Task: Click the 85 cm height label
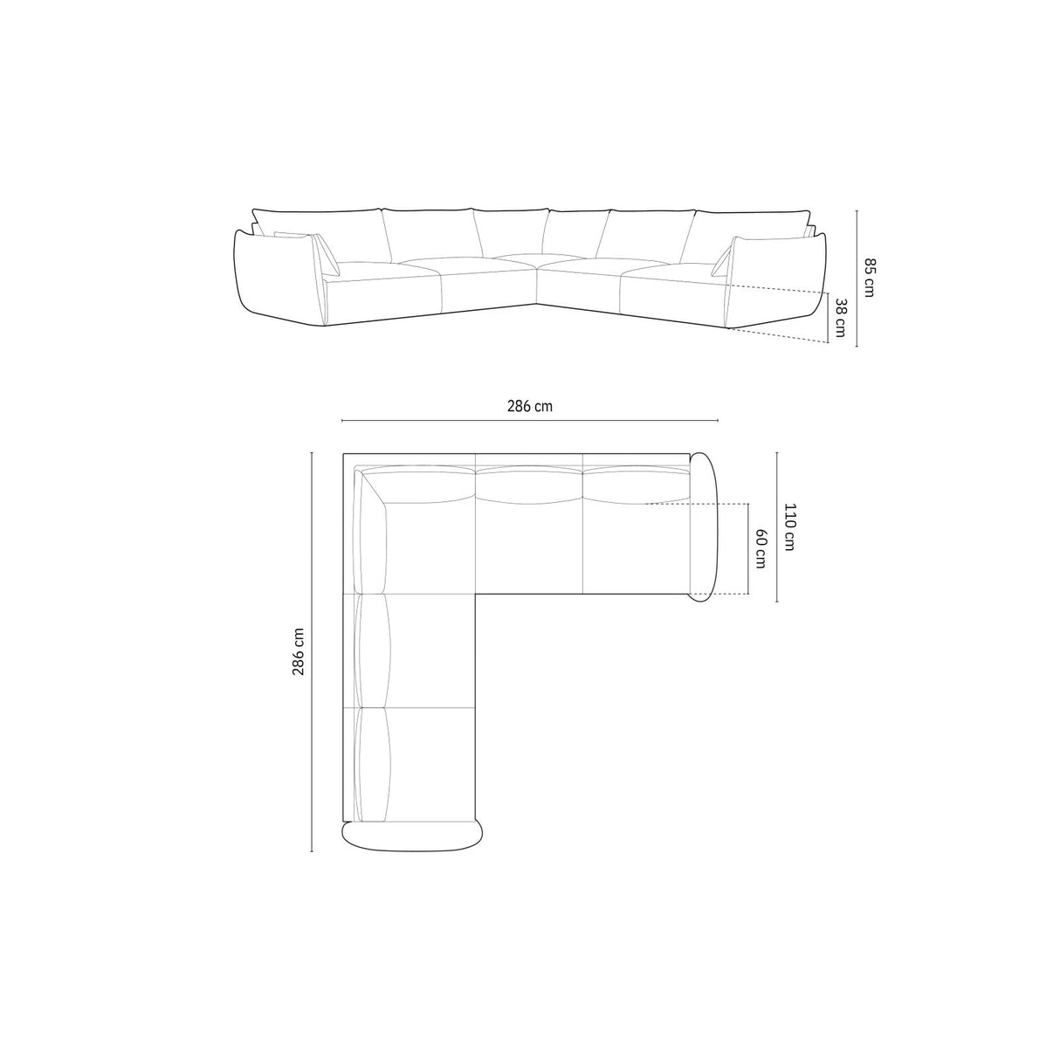pyautogui.click(x=868, y=277)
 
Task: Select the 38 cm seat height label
pyautogui.click(x=840, y=319)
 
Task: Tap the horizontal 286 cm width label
pyautogui.click(x=530, y=405)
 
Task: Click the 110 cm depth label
pyautogui.click(x=789, y=527)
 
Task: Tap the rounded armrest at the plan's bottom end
pyautogui.click(x=411, y=835)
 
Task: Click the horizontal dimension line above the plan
pyautogui.click(x=530, y=421)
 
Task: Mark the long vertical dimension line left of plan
pyautogui.click(x=312, y=651)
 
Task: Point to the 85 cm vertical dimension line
pyautogui.click(x=857, y=277)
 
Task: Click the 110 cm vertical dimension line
pyautogui.click(x=777, y=527)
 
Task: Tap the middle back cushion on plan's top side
pyautogui.click(x=528, y=485)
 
